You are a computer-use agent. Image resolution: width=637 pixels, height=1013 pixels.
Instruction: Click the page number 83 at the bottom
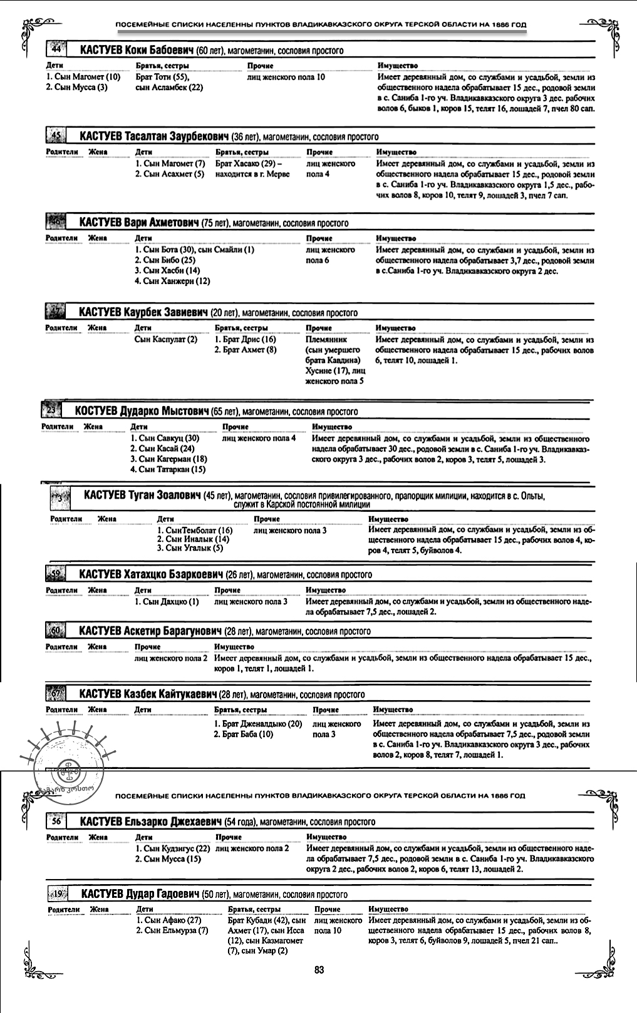click(x=319, y=970)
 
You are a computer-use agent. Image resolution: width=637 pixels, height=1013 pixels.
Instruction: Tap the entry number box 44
click(x=56, y=49)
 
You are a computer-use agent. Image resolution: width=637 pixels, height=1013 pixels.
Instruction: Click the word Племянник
click(x=326, y=340)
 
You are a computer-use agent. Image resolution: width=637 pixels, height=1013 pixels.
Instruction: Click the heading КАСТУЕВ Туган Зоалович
click(x=142, y=496)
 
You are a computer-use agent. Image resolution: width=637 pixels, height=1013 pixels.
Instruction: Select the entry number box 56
click(x=56, y=821)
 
